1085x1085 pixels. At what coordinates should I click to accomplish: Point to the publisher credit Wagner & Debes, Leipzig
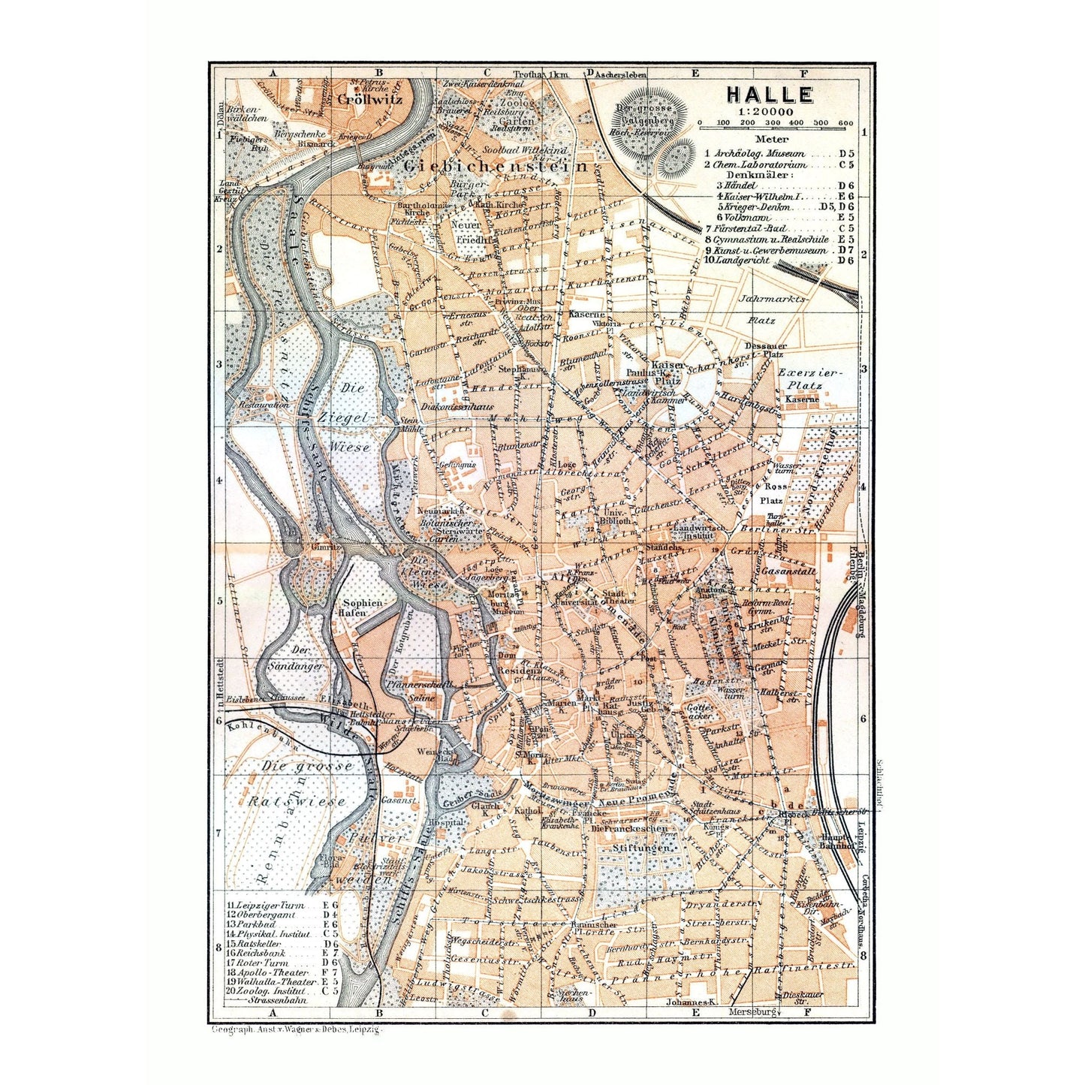tap(297, 1030)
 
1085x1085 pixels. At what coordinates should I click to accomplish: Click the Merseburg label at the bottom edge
tap(751, 1012)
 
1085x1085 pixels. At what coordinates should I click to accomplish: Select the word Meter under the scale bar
tap(772, 138)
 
